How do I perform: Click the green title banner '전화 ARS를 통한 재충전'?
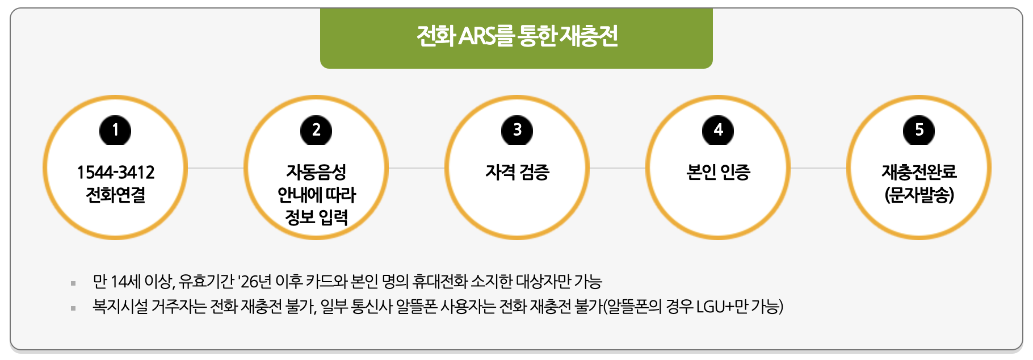click(516, 37)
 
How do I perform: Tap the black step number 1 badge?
click(115, 131)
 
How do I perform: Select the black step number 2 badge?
click(316, 131)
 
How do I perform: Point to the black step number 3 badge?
click(517, 131)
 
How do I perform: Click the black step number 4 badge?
click(718, 131)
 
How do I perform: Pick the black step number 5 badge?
click(919, 131)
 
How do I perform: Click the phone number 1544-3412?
click(115, 172)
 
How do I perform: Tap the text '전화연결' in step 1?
click(115, 195)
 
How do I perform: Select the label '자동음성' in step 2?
click(316, 172)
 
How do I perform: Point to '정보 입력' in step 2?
click(316, 217)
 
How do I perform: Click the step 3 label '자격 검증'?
click(517, 172)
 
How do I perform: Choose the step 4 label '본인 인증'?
click(718, 172)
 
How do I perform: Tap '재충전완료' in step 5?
click(919, 172)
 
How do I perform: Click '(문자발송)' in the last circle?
click(919, 195)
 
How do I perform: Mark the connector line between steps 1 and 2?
click(216, 168)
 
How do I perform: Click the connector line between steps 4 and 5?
click(818, 168)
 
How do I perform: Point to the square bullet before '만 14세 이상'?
click(73, 283)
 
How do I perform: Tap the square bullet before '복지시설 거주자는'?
click(73, 308)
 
